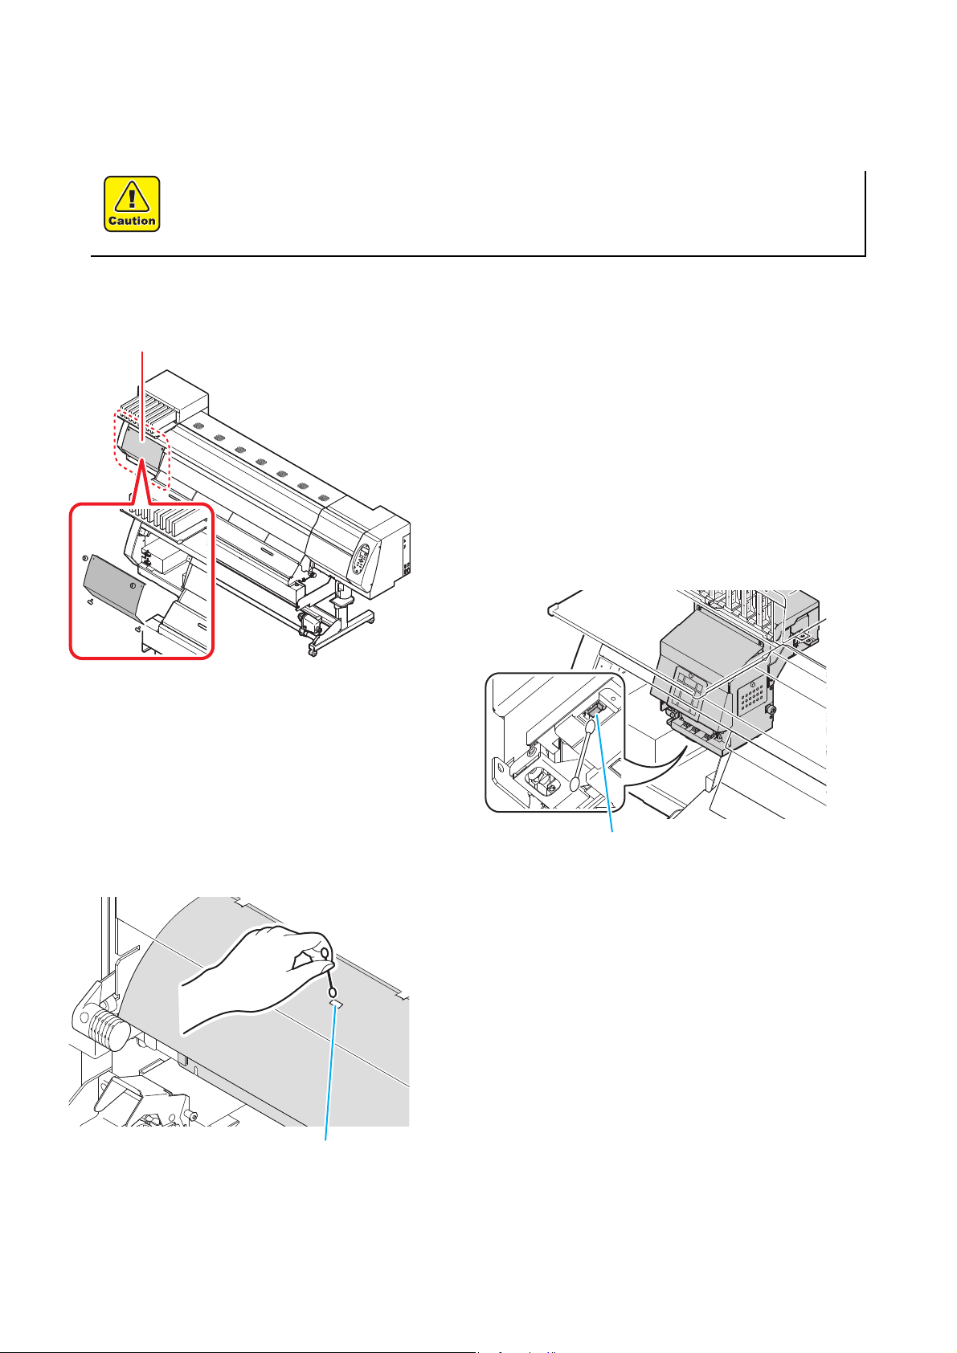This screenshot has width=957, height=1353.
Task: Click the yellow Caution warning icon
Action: pyautogui.click(x=132, y=204)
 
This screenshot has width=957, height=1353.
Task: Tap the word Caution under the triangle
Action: pyautogui.click(x=132, y=221)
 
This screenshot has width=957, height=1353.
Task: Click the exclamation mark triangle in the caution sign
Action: pyautogui.click(x=132, y=196)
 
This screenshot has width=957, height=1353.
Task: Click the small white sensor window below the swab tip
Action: pyautogui.click(x=336, y=1005)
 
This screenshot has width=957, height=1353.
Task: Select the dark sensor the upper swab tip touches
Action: pyautogui.click(x=596, y=708)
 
